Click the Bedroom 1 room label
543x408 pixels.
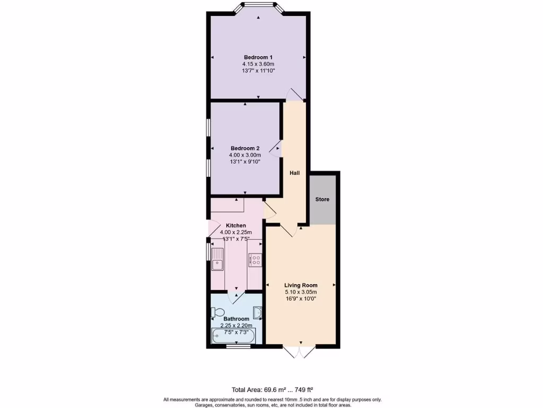click(258, 57)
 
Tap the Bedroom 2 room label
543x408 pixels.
click(245, 148)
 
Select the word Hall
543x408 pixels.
click(294, 173)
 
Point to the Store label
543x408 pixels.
click(322, 200)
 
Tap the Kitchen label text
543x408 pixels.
click(236, 226)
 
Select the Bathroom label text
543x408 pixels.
click(236, 319)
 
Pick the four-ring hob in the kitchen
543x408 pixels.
click(255, 260)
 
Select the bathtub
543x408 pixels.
click(233, 336)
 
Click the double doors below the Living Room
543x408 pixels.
click(300, 352)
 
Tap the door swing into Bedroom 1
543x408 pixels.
click(294, 95)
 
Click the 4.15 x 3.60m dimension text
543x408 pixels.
click(258, 64)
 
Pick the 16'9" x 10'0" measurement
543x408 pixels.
click(301, 299)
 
